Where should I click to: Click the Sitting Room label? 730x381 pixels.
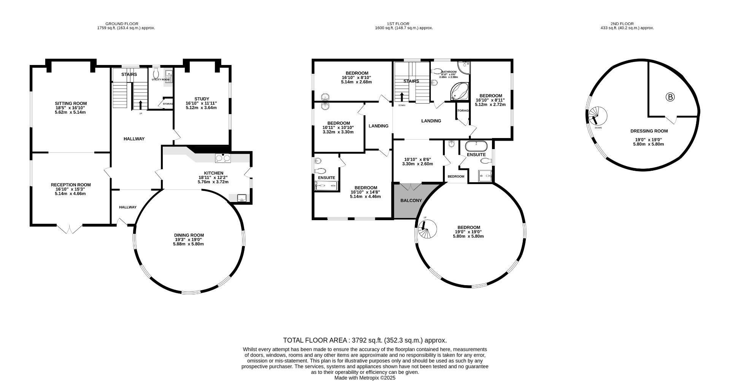70,103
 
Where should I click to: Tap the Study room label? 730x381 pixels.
202,99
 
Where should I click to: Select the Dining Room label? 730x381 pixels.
189,235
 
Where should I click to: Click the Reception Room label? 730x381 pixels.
71,185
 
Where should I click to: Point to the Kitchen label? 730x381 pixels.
213,173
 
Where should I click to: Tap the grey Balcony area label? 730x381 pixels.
411,200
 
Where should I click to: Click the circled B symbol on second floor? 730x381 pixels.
670,97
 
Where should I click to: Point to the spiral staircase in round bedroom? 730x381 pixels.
426,229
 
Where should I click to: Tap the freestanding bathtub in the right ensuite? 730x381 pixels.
476,146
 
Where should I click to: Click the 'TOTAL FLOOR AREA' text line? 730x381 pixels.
365,340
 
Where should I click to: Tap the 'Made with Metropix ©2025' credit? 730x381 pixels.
365,378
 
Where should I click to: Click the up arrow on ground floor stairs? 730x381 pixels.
141,104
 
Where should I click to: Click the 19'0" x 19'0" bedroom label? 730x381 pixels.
468,227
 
